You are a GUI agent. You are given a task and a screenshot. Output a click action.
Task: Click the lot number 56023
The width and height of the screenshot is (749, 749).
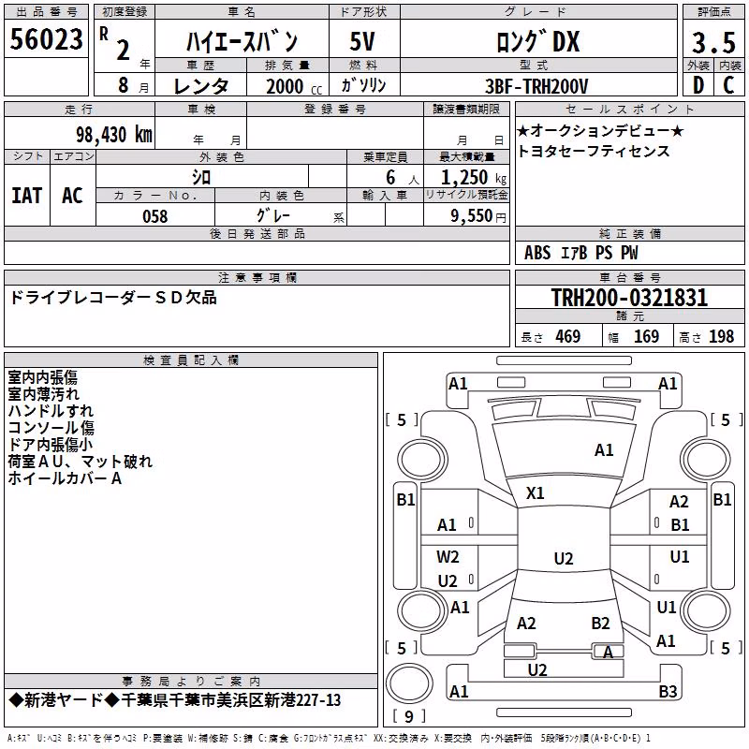(x=46, y=39)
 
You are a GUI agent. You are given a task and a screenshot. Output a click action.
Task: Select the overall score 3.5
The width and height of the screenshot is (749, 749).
(x=713, y=42)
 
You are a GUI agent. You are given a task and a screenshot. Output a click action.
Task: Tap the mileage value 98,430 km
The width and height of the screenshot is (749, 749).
(x=113, y=135)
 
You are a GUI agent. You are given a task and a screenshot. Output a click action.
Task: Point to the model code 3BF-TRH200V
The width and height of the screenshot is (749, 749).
(x=536, y=86)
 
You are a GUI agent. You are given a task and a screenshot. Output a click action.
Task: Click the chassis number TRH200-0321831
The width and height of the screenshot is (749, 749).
(x=629, y=298)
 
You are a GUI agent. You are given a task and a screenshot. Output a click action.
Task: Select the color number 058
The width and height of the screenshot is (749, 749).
(x=155, y=216)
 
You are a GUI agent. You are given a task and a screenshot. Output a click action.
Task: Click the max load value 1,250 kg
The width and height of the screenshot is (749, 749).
(x=473, y=178)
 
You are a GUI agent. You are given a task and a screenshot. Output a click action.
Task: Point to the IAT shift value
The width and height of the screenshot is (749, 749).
(x=26, y=196)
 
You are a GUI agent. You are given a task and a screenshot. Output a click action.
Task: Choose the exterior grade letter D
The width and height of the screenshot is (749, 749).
(x=698, y=85)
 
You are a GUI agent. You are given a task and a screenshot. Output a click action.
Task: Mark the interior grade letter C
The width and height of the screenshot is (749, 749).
(x=728, y=85)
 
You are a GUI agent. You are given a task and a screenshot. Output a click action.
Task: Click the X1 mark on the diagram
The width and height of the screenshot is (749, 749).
(x=535, y=493)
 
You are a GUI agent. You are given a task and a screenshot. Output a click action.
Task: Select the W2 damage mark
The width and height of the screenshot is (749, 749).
(x=448, y=556)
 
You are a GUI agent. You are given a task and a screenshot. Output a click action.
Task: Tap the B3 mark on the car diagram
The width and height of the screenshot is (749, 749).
(x=668, y=691)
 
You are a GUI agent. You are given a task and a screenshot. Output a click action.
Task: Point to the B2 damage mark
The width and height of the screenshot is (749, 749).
(x=600, y=623)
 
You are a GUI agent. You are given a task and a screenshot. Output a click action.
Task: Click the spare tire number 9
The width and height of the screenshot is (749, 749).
(x=409, y=716)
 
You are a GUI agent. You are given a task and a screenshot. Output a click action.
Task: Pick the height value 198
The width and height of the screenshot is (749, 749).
(x=721, y=336)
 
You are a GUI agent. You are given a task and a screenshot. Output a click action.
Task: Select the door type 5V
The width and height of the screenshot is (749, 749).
(x=362, y=41)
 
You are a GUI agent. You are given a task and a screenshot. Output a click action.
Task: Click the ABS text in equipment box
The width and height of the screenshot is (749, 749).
(x=537, y=253)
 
